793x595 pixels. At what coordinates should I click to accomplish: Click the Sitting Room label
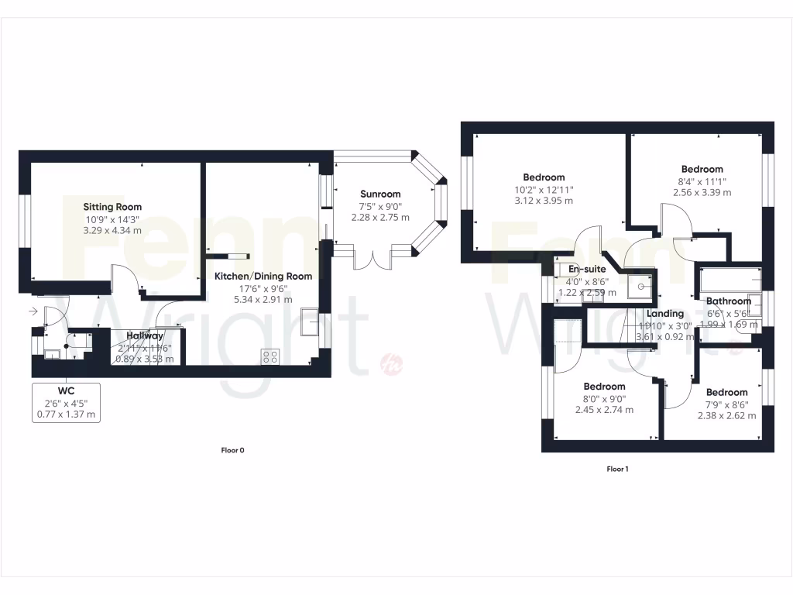click(x=113, y=207)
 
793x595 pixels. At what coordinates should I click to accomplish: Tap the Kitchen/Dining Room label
click(x=263, y=276)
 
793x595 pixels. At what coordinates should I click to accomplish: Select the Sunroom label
click(x=380, y=194)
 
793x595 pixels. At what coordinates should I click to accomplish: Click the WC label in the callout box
click(x=66, y=390)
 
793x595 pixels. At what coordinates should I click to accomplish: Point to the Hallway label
click(x=146, y=336)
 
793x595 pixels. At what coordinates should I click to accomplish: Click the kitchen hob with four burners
click(x=271, y=356)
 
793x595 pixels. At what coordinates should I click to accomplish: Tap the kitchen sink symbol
click(x=310, y=322)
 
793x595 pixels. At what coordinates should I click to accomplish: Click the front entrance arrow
click(x=33, y=311)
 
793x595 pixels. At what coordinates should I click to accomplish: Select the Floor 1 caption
click(x=617, y=469)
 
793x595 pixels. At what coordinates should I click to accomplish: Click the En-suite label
click(x=587, y=269)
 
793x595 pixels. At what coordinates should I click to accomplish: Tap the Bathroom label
click(x=728, y=301)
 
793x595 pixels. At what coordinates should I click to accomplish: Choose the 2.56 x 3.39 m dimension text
click(x=702, y=192)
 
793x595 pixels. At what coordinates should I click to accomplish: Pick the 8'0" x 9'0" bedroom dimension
click(x=604, y=398)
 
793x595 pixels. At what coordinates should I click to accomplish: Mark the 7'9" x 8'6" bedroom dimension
click(x=726, y=404)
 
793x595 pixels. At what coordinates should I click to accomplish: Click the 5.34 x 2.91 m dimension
click(x=263, y=299)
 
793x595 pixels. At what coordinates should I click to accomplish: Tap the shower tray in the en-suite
click(x=640, y=287)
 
